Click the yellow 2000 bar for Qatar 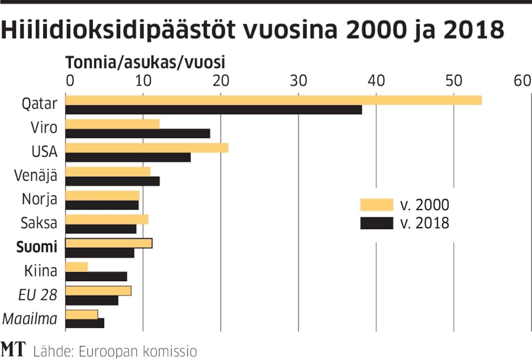(273, 100)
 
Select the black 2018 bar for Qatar (213, 110)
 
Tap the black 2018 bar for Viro (138, 133)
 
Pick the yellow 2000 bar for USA (147, 148)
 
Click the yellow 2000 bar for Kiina (76, 267)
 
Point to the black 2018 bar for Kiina (96, 276)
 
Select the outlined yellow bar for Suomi (109, 243)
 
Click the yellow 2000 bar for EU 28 (98, 291)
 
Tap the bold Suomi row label (37, 248)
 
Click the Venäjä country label (36, 175)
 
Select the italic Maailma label (30, 319)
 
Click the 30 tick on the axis (298, 81)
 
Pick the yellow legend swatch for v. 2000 (376, 205)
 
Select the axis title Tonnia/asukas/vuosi (145, 63)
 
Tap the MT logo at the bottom (13, 349)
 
